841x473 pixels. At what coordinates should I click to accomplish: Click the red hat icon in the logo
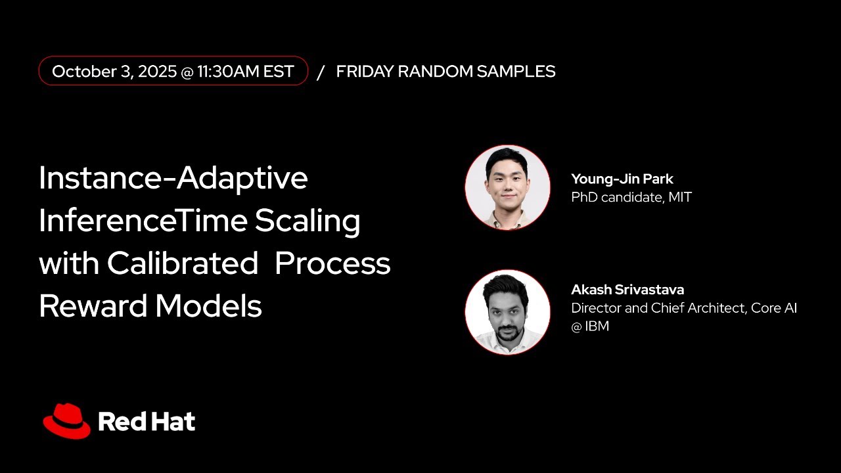pos(66,421)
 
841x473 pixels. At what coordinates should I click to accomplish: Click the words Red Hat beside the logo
pos(147,422)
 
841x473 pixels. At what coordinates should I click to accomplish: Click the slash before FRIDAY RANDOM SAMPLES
pos(321,72)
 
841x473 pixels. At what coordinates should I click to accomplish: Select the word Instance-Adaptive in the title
pos(173,178)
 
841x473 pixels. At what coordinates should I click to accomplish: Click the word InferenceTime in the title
pos(143,221)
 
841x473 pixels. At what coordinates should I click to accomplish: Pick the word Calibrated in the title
pos(183,263)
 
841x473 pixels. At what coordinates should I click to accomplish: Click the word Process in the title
pos(332,263)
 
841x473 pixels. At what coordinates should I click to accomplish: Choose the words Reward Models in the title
pos(150,306)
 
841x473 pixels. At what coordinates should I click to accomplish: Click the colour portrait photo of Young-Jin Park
pos(507,187)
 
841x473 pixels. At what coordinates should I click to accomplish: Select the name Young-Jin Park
pos(622,179)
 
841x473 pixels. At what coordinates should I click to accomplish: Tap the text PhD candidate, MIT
pos(631,196)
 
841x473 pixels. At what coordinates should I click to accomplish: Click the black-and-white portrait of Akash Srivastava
pos(507,312)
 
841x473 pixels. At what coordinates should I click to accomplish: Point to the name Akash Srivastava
pos(627,290)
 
